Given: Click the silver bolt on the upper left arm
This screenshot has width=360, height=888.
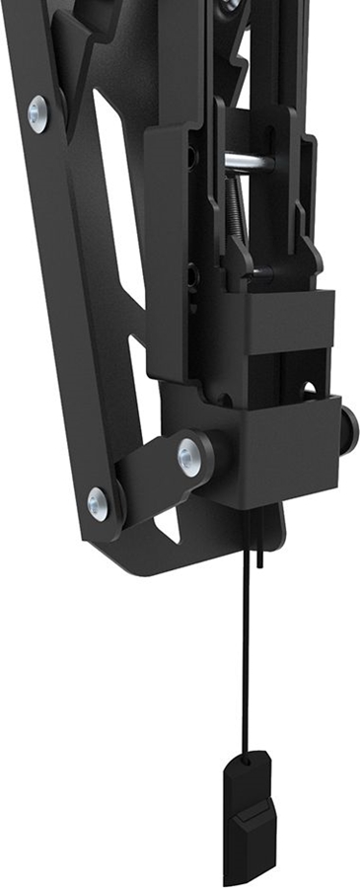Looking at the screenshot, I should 38,114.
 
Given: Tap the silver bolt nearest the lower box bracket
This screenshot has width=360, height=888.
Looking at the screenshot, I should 189,457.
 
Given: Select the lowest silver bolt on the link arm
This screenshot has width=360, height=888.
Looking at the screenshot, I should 98,503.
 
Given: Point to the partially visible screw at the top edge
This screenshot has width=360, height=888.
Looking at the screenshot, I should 229,5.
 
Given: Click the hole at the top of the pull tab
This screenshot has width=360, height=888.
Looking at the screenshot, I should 248,764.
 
